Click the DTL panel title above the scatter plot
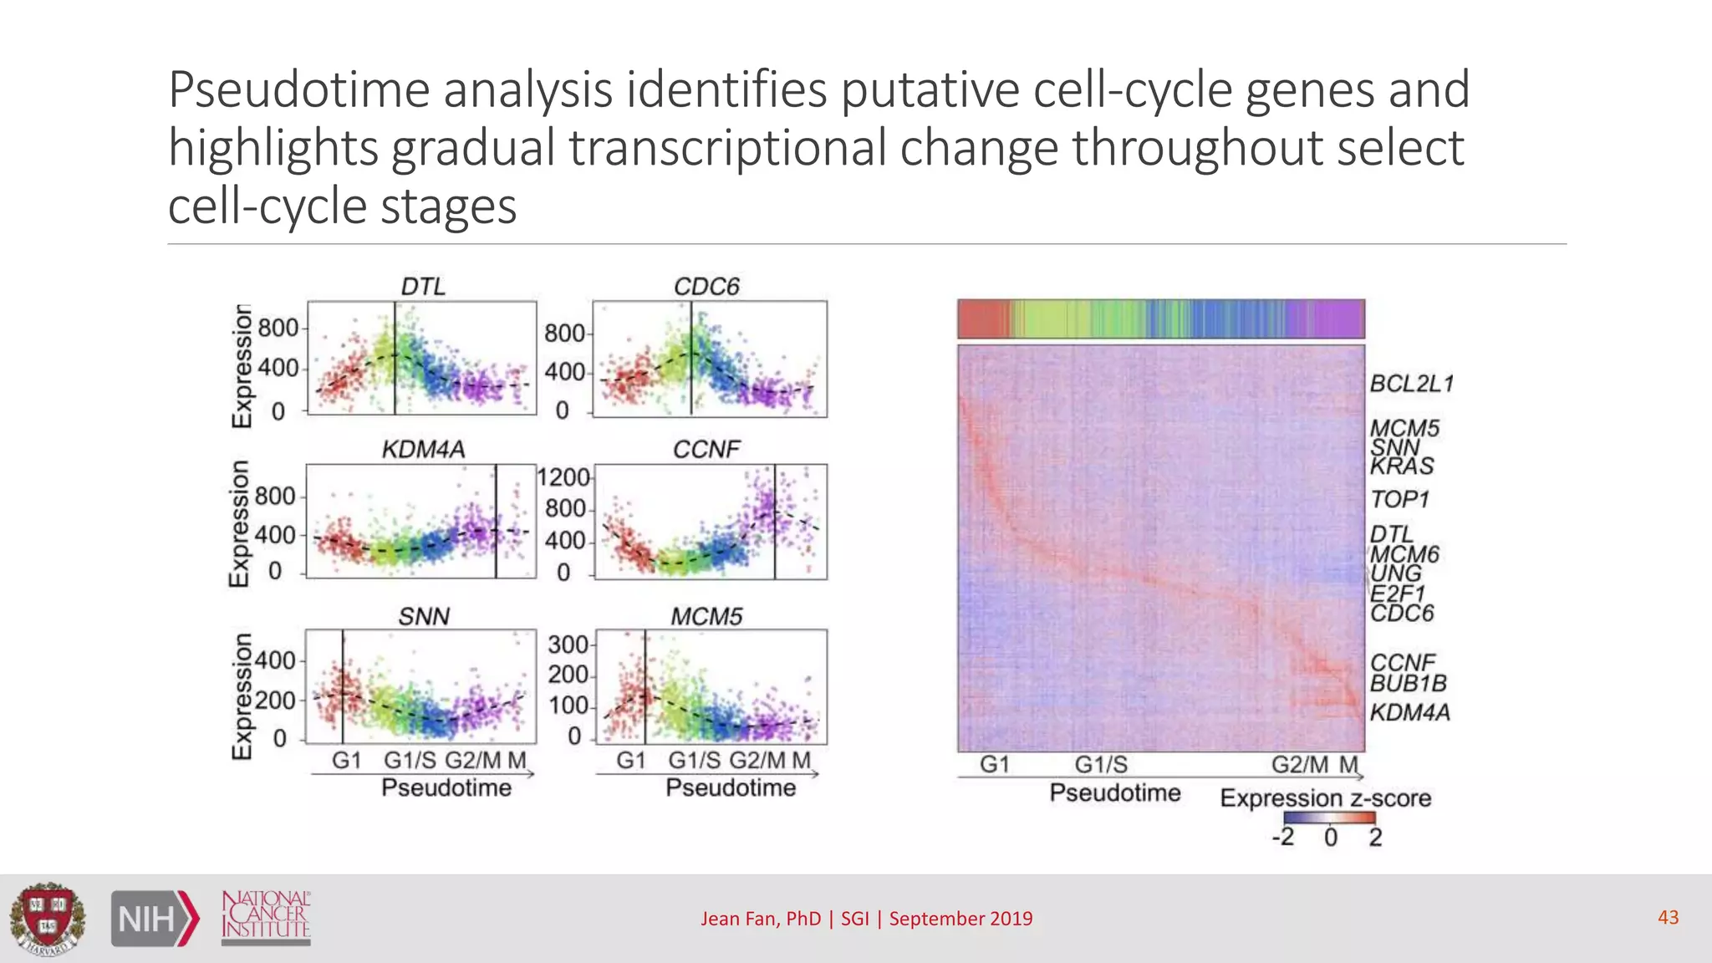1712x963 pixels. pos(423,286)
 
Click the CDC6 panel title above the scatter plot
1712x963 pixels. pos(706,286)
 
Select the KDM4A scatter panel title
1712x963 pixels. pos(423,449)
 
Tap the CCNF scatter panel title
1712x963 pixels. pos(706,449)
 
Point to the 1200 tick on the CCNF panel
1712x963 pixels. pos(563,477)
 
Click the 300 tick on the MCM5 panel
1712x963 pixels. pos(568,645)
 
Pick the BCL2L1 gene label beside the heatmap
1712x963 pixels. pos(1412,384)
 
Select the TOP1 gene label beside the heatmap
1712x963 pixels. pos(1399,499)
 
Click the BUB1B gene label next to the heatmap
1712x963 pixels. pos(1408,683)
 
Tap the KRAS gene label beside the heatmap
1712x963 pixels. pos(1402,466)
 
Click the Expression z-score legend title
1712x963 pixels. pos(1325,797)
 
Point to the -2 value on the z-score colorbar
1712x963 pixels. pos(1283,837)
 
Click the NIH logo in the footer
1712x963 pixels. pos(155,919)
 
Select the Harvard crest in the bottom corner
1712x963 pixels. pos(48,919)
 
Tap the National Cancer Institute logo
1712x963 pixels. pos(266,917)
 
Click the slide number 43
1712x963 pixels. pos(1668,917)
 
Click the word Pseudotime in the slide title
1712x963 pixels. pos(298,89)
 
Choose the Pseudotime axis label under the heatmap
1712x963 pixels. pos(1114,792)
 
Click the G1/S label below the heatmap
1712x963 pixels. pos(1100,765)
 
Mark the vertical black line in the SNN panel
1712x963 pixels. pos(343,685)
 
